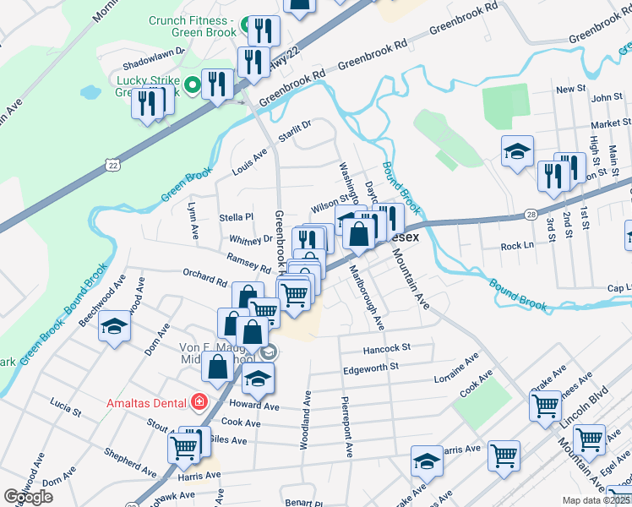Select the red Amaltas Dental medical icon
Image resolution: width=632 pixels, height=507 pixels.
[x=199, y=401]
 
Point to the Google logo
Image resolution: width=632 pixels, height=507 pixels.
[x=28, y=497]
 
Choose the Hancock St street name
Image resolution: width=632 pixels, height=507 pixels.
[x=387, y=347]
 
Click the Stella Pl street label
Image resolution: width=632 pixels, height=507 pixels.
[x=237, y=217]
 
